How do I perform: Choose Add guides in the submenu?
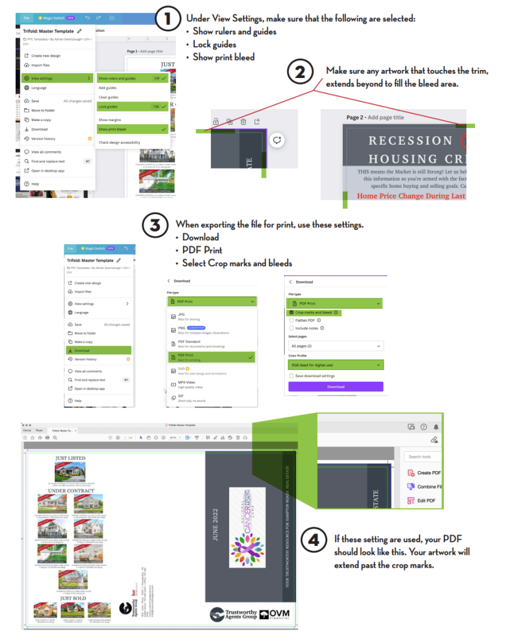107,88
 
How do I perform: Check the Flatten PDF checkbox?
291,320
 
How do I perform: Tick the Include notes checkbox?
291,328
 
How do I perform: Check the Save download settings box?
291,376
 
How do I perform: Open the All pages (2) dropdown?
335,346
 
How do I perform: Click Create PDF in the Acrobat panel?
428,473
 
